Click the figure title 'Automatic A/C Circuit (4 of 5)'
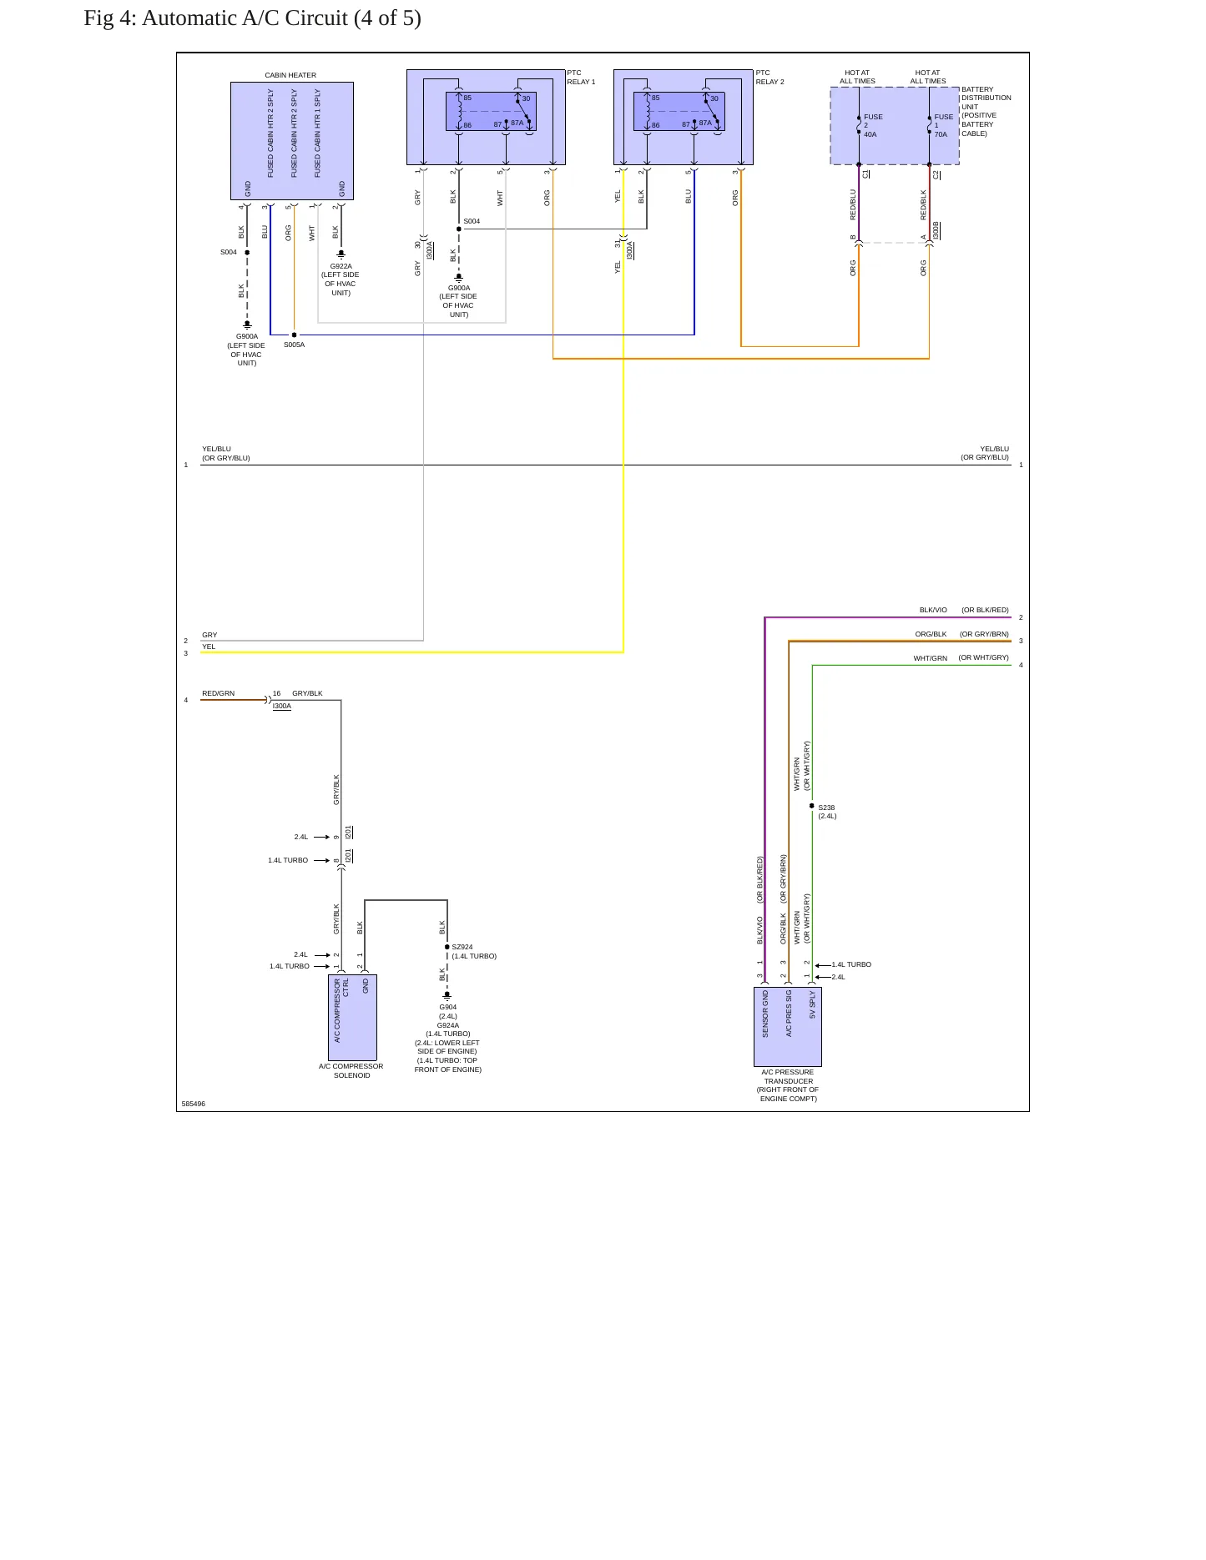[x=281, y=18]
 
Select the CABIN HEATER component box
[x=292, y=141]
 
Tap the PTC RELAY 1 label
[x=581, y=78]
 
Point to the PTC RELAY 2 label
[x=770, y=78]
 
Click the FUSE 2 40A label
[x=873, y=126]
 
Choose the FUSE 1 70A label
[x=943, y=126]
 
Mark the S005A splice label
[x=294, y=345]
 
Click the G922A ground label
[x=341, y=267]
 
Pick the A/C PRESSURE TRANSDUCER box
[x=788, y=1027]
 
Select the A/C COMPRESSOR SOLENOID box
[x=352, y=1018]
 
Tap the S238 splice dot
[x=812, y=806]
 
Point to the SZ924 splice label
[x=462, y=948]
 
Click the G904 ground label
[x=448, y=1008]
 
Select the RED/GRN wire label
[x=218, y=693]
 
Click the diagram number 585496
[x=193, y=1104]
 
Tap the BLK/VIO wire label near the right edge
[x=933, y=610]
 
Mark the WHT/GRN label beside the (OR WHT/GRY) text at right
[x=930, y=658]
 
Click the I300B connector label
[x=936, y=230]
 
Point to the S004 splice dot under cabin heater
[x=247, y=252]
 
